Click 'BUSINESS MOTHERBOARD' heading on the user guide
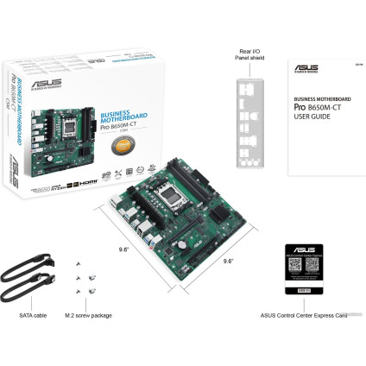[x=315, y=98]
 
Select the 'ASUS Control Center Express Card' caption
[x=299, y=316]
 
